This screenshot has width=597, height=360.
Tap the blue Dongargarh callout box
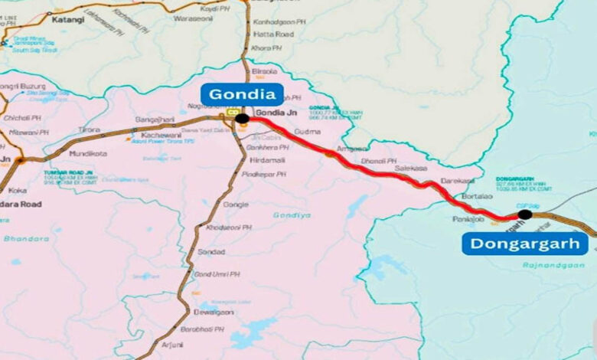point(525,244)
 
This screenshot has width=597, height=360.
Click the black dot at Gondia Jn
point(242,119)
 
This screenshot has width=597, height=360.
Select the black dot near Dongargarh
point(524,214)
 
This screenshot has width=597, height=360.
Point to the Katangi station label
point(67,20)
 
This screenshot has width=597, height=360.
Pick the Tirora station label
point(90,130)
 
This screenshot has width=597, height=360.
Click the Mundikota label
point(88,153)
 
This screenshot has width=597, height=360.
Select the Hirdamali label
point(269,160)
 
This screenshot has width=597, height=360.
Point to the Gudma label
point(307,132)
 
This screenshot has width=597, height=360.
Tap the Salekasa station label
point(413,168)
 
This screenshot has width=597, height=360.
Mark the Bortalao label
point(478,197)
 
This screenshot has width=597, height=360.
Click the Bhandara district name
point(25,238)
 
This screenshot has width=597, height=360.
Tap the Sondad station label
point(211,251)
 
